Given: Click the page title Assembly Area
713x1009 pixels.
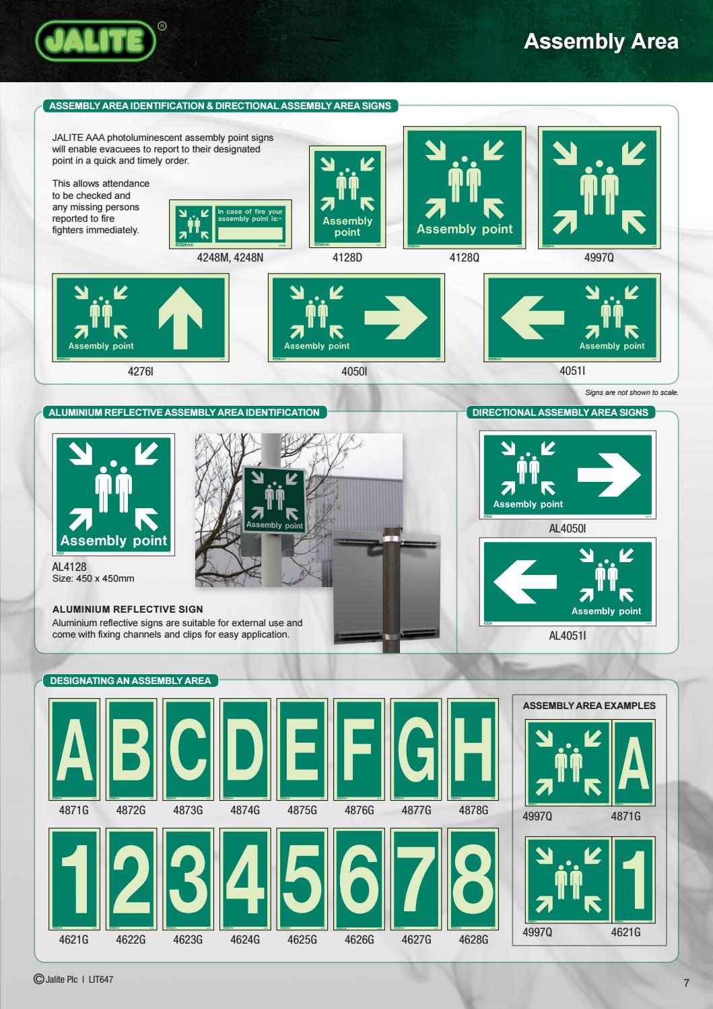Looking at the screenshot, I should coord(601,42).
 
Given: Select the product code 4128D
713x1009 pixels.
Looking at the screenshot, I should coord(347,257).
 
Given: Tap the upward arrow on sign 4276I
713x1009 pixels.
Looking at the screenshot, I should coord(181,317).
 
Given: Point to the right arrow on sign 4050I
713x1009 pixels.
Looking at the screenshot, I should coord(396,317).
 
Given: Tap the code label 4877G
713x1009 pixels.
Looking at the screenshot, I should coord(416,810).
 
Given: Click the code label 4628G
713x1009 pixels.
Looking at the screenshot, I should coord(473,939).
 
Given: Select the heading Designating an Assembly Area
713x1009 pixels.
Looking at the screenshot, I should coord(131,681).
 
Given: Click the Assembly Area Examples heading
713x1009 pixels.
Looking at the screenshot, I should coord(589,706).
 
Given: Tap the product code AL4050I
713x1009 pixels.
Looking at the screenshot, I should coord(568,529).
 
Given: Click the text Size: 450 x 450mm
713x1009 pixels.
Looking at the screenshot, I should coord(94,578).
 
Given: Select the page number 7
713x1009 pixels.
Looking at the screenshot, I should coord(687,983).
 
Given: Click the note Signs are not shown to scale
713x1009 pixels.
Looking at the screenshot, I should coord(632,393).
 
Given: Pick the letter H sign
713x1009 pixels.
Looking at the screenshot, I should coord(473,749).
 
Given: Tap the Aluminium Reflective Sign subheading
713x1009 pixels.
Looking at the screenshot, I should coord(128,609).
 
